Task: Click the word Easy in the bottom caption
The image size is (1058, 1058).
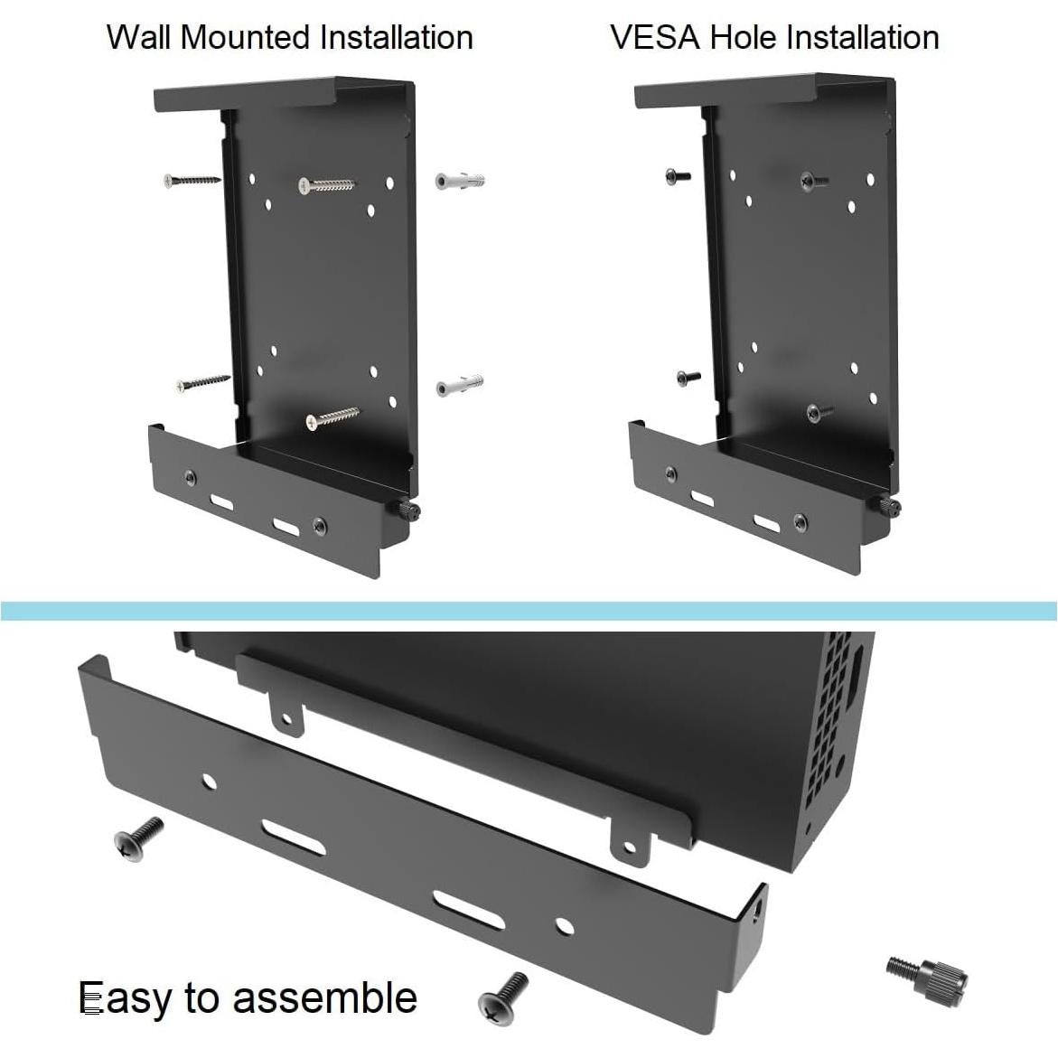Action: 124,998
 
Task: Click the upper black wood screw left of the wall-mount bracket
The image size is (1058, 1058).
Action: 191,181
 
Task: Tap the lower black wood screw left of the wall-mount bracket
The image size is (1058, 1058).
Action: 202,383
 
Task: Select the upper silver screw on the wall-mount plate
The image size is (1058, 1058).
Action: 326,185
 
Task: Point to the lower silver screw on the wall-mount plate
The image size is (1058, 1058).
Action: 332,418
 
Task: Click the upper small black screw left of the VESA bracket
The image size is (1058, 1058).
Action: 678,176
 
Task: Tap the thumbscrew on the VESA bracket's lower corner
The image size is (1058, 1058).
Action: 888,507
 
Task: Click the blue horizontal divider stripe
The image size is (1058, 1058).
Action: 529,611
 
